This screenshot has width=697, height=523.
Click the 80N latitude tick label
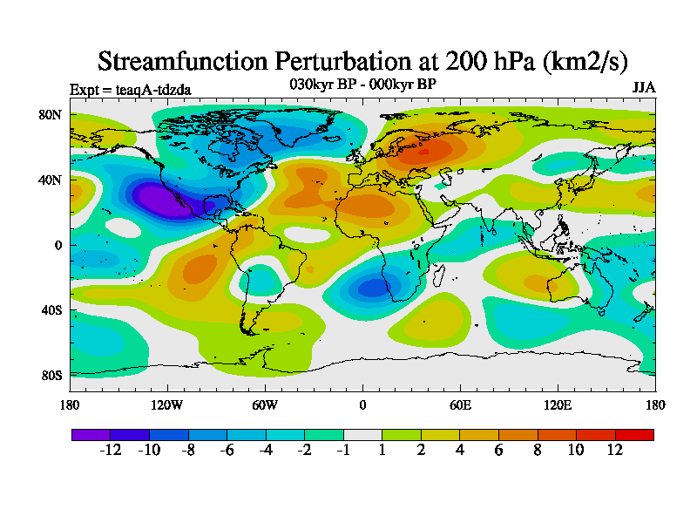coord(50,114)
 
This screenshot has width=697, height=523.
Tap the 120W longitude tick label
coord(166,404)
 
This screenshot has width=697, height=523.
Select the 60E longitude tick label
coord(460,404)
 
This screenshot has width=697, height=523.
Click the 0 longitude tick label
coord(362,404)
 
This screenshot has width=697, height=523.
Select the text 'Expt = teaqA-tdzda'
coord(130,89)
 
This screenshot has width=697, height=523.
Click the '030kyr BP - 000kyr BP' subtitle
coord(362,84)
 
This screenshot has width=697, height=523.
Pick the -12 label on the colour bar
coord(110,450)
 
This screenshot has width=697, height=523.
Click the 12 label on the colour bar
coord(615,450)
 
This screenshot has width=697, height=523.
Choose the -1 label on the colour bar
coord(343,450)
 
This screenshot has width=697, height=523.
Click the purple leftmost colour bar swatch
coord(91,434)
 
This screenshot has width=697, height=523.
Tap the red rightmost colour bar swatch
coord(634,434)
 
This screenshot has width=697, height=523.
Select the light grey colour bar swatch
coord(362,434)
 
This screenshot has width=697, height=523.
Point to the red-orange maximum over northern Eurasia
coord(423,152)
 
